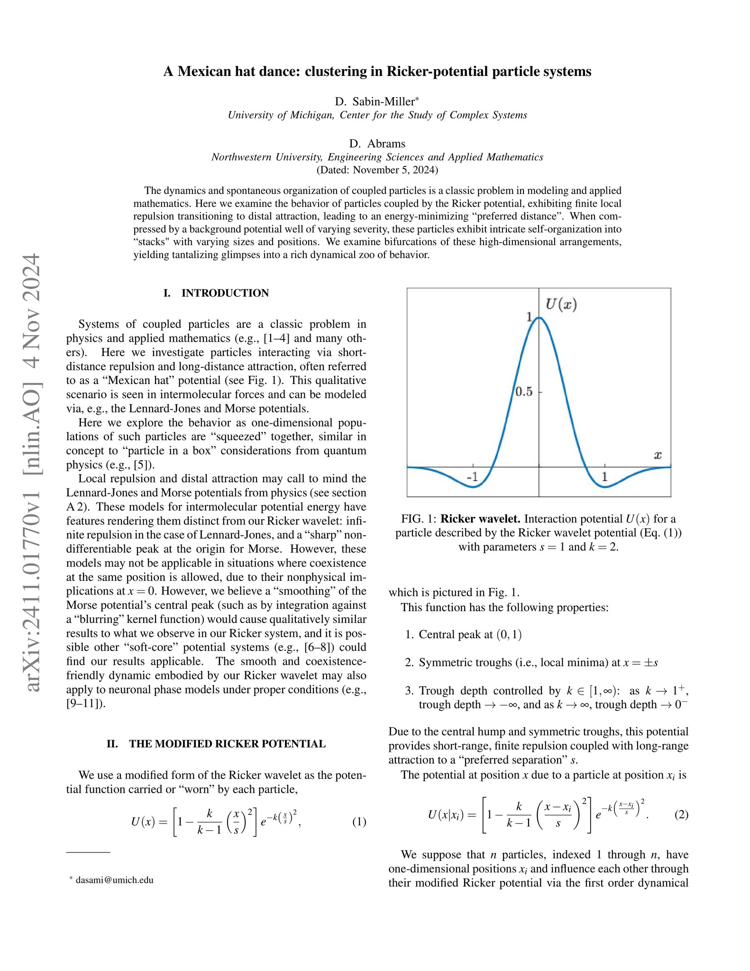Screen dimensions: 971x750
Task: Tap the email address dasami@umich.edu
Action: [x=114, y=880]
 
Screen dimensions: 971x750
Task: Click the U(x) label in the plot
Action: [x=561, y=304]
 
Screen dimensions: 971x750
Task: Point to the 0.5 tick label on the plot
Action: [x=523, y=392]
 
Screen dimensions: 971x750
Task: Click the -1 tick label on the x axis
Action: [x=472, y=477]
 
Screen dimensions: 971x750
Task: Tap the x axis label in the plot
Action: [x=658, y=456]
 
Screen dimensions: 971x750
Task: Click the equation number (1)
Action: [x=359, y=822]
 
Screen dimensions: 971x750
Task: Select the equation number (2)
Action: [x=681, y=815]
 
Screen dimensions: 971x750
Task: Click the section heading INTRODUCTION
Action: [x=225, y=293]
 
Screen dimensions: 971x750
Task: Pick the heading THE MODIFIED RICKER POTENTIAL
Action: [x=227, y=744]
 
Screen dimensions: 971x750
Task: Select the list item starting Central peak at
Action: [x=470, y=634]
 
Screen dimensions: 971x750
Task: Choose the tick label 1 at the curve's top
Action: [x=530, y=317]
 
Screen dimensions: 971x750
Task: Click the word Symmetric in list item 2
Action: [x=443, y=662]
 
